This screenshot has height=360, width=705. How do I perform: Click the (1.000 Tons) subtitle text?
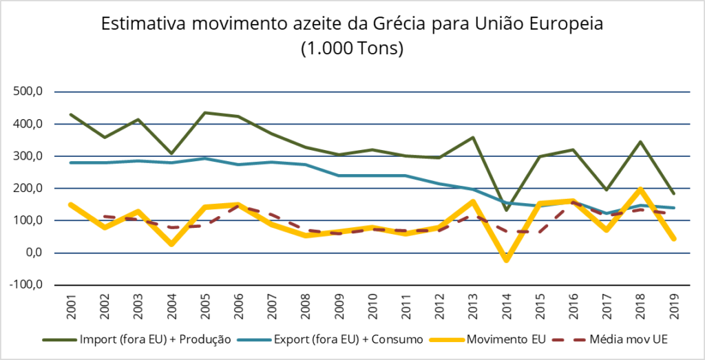[351, 49]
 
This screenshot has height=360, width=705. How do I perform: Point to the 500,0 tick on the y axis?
[28, 92]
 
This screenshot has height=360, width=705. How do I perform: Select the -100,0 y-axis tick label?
[26, 284]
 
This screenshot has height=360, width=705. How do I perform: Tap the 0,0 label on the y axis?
[33, 253]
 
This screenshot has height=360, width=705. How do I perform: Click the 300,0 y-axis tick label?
[28, 156]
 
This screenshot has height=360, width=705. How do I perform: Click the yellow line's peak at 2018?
[640, 189]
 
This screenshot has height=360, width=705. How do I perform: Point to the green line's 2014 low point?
[506, 210]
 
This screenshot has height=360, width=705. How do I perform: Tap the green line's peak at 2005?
[206, 113]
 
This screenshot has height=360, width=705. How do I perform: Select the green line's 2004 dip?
[172, 153]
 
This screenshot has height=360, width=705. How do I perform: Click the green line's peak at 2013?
[472, 138]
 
